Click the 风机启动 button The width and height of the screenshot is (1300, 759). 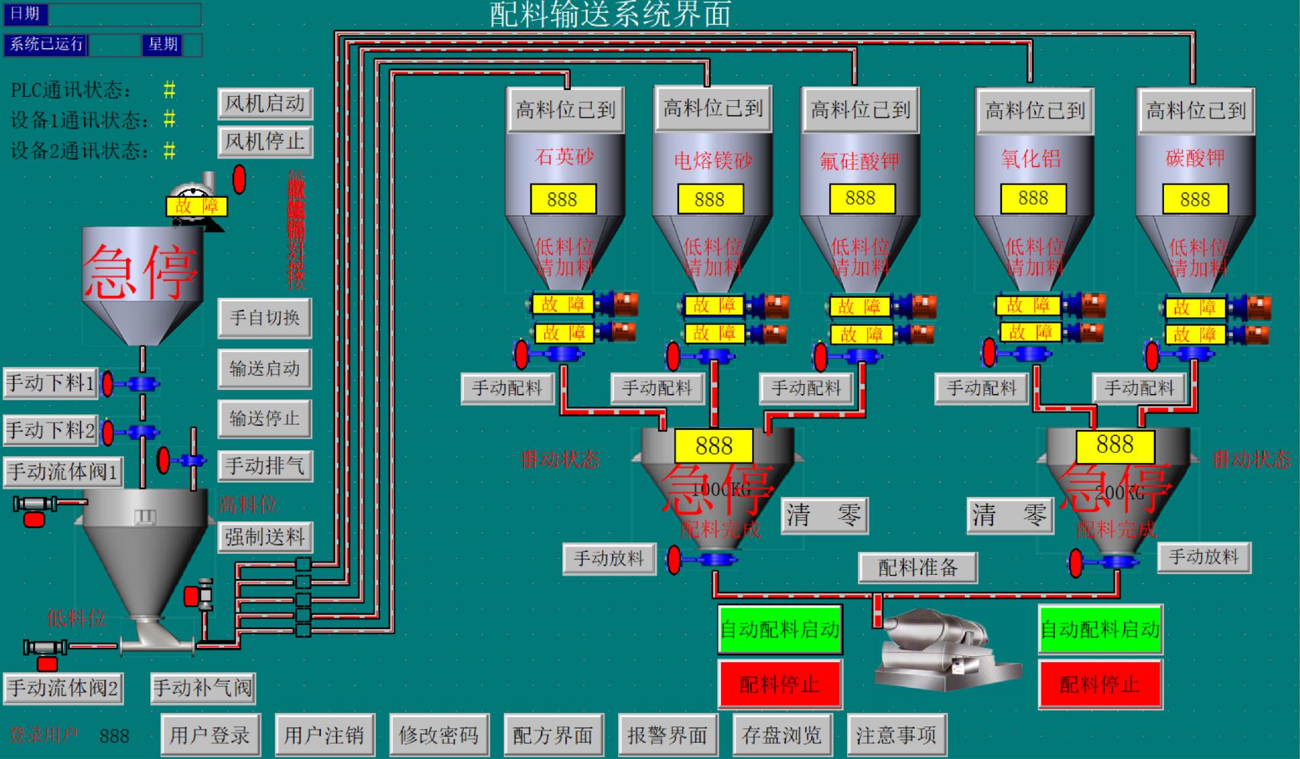tap(265, 104)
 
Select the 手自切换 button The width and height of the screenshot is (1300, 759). tap(265, 318)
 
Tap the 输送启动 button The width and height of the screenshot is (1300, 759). tap(265, 368)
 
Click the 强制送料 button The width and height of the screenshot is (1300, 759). tap(265, 537)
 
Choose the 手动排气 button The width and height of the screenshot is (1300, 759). tap(265, 466)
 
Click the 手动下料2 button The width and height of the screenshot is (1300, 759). tap(51, 430)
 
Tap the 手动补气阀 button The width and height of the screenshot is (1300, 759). tap(203, 688)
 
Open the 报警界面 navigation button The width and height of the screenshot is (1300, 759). tap(667, 735)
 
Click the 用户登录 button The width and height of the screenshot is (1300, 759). tap(210, 735)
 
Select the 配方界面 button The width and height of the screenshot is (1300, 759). tap(552, 735)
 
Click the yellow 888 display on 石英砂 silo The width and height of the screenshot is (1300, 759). tap(563, 199)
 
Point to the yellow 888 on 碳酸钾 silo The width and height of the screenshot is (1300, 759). tap(1195, 199)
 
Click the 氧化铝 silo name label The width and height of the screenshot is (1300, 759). tap(1031, 158)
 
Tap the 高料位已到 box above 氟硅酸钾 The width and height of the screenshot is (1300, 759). tap(860, 110)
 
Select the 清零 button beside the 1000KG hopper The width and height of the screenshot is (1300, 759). tap(824, 516)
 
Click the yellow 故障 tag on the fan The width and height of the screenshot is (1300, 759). tap(196, 206)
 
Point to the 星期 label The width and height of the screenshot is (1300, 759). tap(162, 45)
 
